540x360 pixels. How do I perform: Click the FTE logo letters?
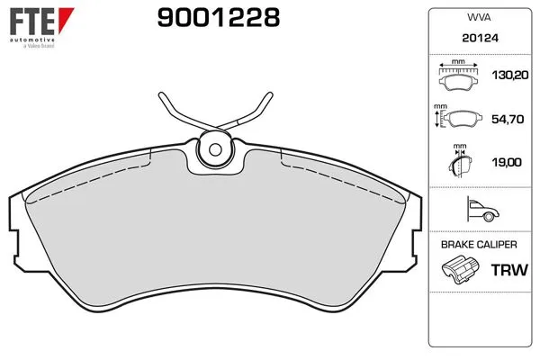32,22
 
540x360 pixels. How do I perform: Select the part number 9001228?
219,18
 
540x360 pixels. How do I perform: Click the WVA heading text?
479,17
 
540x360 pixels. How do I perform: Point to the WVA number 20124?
480,38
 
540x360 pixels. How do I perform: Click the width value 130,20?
510,75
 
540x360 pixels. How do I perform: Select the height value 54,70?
508,119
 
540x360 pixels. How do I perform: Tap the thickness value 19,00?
507,162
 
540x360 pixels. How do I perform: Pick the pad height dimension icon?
458,116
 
